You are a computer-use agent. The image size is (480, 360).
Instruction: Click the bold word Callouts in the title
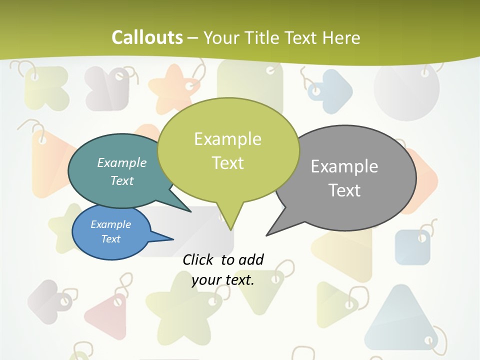pos(147,37)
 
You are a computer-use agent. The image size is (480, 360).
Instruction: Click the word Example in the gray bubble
pos(344,166)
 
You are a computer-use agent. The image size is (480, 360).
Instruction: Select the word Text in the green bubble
pos(228,163)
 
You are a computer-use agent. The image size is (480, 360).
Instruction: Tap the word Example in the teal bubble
pos(122,162)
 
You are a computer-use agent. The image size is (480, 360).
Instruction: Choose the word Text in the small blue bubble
pos(111,239)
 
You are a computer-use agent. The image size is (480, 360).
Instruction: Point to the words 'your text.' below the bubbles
pos(223,280)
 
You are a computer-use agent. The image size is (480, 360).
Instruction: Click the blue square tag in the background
pos(412,247)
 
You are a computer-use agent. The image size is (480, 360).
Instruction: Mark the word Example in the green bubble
pos(227,139)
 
